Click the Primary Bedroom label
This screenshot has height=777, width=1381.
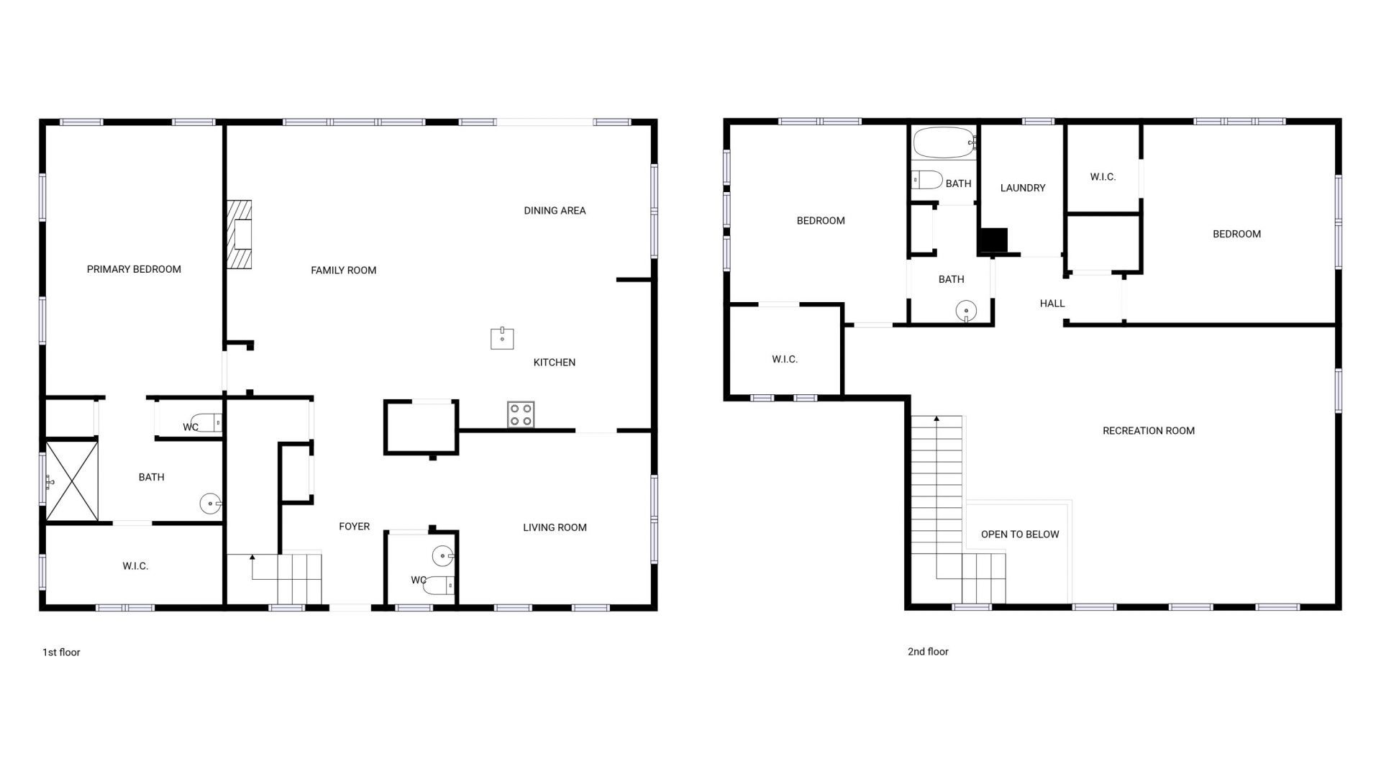(134, 269)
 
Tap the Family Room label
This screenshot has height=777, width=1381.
(343, 271)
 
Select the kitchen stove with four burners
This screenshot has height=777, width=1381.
(521, 414)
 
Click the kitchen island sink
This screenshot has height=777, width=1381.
(502, 337)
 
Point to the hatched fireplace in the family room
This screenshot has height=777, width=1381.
(240, 235)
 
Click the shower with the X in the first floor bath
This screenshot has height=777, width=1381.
(72, 481)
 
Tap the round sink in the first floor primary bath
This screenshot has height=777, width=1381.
(209, 504)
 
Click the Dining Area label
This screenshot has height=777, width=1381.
(555, 211)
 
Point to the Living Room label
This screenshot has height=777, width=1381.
(555, 527)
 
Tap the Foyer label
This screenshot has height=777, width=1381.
(354, 527)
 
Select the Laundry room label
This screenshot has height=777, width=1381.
(1022, 188)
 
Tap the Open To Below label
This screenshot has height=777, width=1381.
(1020, 535)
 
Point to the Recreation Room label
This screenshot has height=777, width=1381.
(1148, 431)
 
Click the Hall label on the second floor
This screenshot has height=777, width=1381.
(1052, 304)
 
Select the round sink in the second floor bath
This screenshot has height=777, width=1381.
(966, 312)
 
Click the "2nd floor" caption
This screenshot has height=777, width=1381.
(928, 652)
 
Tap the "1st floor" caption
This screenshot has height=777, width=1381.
(61, 653)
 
